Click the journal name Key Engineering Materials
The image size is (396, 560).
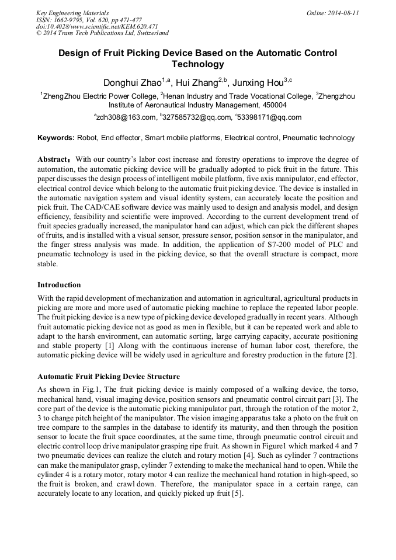[x=72, y=13]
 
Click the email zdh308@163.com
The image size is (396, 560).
[x=126, y=117]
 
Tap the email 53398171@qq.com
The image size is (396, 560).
[x=270, y=117]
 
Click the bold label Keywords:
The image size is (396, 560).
[x=56, y=138]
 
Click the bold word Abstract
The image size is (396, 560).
[x=53, y=159]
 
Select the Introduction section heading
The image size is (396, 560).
[x=59, y=285]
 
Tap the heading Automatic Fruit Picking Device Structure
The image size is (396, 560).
[x=109, y=377]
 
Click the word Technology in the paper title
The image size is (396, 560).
[x=197, y=64]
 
